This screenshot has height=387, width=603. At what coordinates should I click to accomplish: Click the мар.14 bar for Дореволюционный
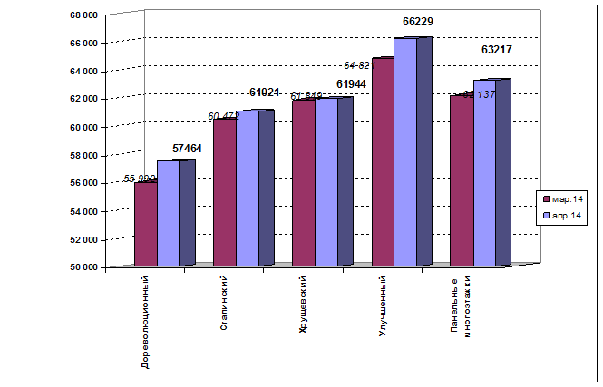coord(145,224)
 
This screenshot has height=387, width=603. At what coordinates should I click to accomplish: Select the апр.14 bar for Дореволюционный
coord(168,213)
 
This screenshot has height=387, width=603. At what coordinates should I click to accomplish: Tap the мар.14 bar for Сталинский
coord(224,192)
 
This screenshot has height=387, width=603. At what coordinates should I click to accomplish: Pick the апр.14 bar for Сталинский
coord(247,189)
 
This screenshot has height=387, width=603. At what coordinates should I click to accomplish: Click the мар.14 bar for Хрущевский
coord(303,183)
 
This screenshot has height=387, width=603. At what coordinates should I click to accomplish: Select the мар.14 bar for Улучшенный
coord(383,162)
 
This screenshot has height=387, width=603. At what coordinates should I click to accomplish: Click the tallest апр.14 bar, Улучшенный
coord(405,152)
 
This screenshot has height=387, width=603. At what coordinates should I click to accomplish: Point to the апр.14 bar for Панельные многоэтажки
coord(484,173)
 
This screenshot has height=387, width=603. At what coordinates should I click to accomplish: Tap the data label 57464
coord(187,148)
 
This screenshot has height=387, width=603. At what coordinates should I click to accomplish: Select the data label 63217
coord(497,50)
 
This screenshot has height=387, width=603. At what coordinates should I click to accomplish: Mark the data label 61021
coord(265,92)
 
